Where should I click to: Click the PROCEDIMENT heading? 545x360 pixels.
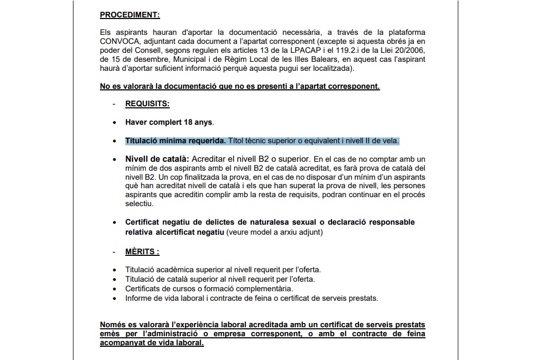(x=130, y=15)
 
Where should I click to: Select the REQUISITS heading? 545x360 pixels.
(x=147, y=104)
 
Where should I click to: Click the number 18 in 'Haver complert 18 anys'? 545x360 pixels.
(x=188, y=122)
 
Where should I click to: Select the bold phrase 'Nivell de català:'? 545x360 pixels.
(x=157, y=159)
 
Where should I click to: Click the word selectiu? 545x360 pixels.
(x=139, y=204)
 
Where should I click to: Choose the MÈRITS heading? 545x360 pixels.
(x=142, y=252)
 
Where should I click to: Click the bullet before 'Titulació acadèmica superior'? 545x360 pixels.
(x=115, y=270)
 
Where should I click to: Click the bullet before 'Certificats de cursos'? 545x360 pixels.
(x=115, y=289)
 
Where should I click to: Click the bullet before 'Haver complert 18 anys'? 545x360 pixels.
(x=115, y=123)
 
